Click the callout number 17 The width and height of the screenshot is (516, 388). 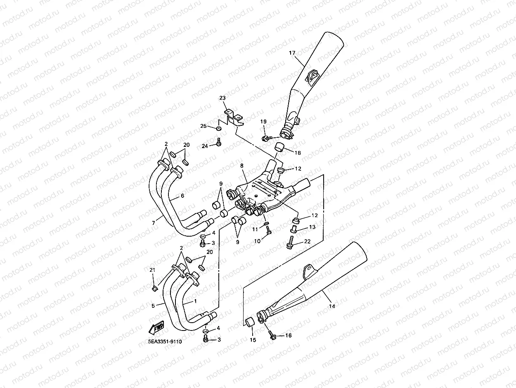(x=292, y=53)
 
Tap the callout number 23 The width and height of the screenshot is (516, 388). (x=222, y=98)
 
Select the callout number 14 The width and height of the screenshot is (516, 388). (x=332, y=306)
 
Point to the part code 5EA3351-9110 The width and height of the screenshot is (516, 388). (x=165, y=342)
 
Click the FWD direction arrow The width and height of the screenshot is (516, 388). (x=156, y=328)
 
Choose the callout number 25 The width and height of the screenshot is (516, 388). (x=203, y=126)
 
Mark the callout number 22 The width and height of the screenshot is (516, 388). (x=307, y=241)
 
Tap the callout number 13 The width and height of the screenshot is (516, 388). (x=312, y=227)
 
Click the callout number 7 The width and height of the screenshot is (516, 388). (x=154, y=223)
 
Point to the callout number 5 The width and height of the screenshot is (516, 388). (x=153, y=306)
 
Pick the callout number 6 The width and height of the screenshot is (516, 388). (x=182, y=196)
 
